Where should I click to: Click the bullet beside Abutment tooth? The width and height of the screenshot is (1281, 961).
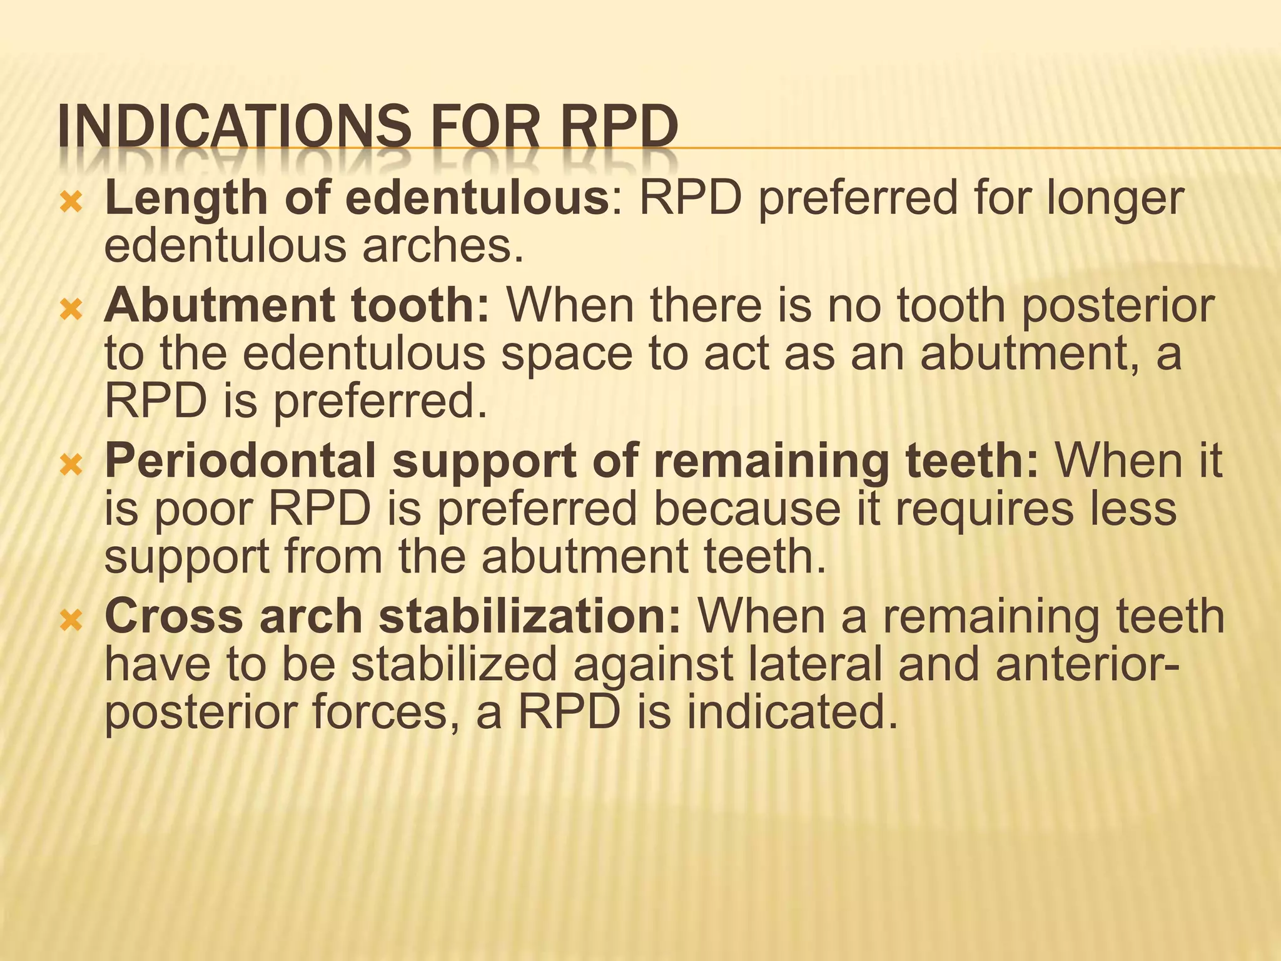click(71, 309)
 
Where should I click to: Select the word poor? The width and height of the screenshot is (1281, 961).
click(203, 510)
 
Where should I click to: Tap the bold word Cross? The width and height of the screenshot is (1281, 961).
click(173, 616)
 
